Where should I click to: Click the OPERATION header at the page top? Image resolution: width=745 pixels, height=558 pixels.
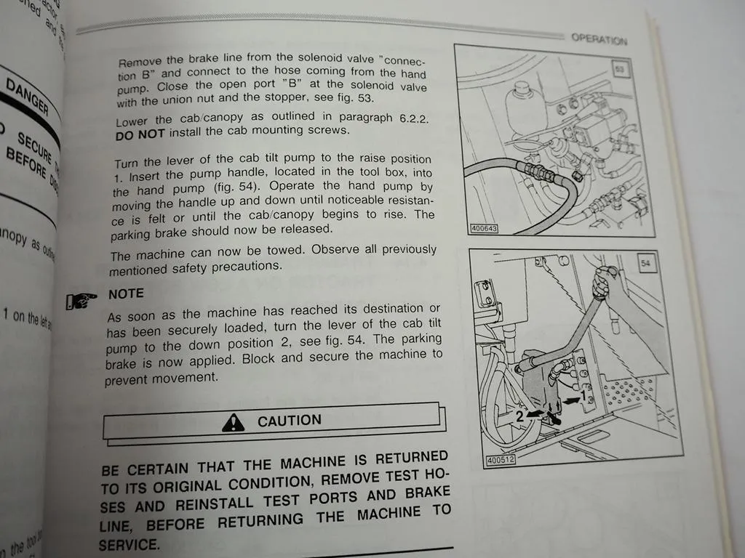point(599,39)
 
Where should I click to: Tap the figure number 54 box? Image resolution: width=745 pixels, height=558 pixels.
point(645,263)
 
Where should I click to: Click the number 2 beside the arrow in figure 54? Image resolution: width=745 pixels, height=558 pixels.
point(520,417)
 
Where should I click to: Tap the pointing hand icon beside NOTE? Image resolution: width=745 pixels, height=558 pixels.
point(81,299)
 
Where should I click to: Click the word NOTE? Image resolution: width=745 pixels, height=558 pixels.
point(126,294)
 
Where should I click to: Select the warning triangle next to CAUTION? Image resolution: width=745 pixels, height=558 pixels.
point(234,421)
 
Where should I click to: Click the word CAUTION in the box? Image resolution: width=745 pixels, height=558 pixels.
point(289,421)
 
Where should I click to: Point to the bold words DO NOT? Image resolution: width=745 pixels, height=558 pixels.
point(140,135)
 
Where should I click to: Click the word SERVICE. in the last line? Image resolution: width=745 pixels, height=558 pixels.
point(129,544)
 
